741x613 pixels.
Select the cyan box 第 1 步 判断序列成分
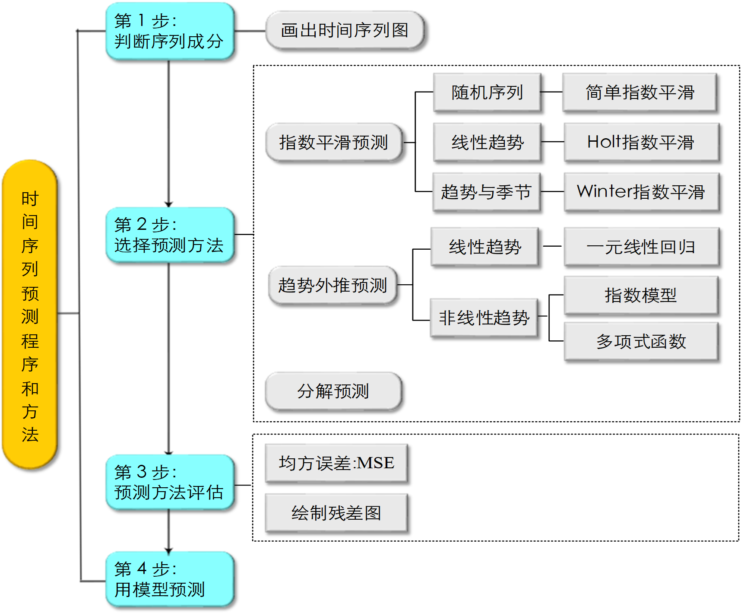pos(170,31)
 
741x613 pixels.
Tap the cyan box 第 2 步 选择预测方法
pos(170,235)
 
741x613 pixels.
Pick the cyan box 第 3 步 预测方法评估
pos(170,482)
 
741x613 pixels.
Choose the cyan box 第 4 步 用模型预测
pos(170,579)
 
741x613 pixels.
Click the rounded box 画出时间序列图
pos(345,30)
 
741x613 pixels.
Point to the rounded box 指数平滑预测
pos(334,143)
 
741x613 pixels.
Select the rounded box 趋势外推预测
pos(332,286)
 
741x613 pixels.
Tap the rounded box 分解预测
pos(333,391)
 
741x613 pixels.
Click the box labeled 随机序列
pos(487,92)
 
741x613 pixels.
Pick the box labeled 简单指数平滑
pos(640,92)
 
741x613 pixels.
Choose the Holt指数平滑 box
pos(641,142)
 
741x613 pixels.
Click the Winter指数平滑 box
pos(641,192)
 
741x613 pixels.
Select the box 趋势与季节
pos(486,192)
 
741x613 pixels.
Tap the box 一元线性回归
pos(641,247)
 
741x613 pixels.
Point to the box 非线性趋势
pos(484,318)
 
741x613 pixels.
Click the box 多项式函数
pos(641,342)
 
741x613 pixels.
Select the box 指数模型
pos(641,295)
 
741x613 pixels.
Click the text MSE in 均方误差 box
pos(376,463)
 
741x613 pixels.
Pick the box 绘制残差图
pos(336,513)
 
